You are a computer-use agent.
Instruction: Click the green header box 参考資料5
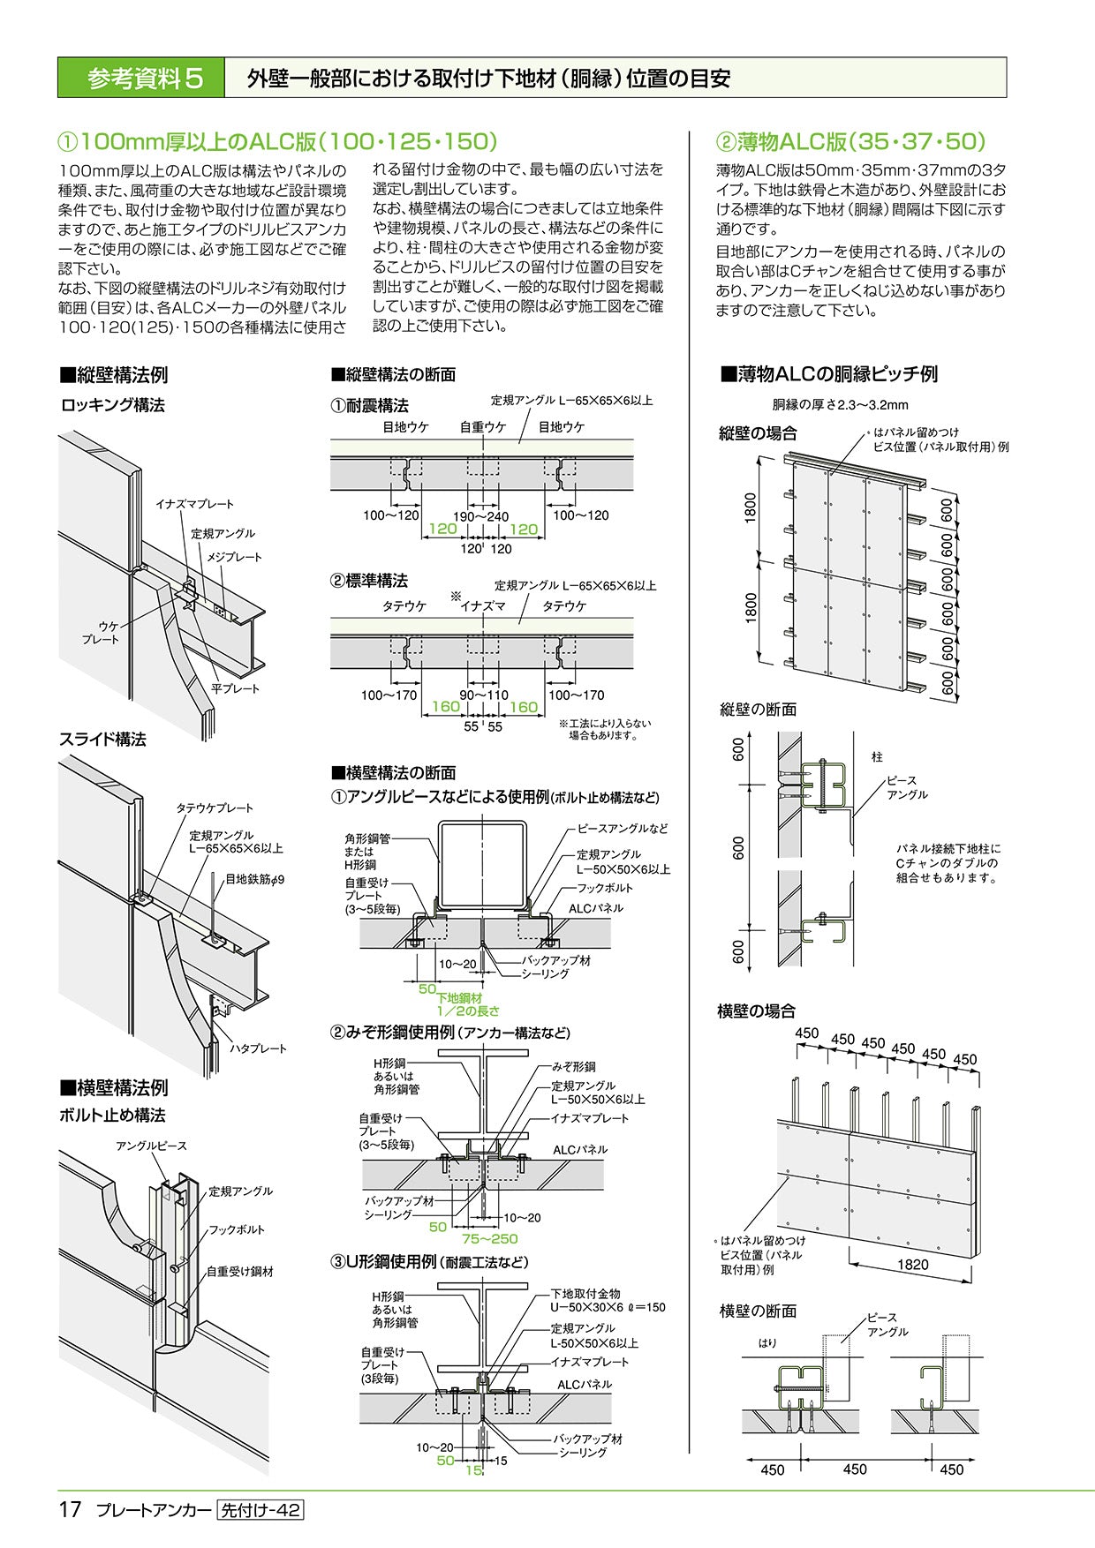pos(141,79)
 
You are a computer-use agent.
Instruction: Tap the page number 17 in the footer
pos(71,1509)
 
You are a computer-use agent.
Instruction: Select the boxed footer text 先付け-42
pos(260,1510)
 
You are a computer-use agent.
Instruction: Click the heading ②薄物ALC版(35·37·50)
pos(850,141)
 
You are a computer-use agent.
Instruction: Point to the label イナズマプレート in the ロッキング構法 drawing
pos(194,504)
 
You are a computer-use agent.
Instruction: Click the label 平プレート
pos(235,688)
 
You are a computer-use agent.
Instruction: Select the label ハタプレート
pos(259,1048)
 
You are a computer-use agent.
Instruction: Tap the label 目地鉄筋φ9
pos(254,879)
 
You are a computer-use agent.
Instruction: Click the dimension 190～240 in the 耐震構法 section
pos(481,515)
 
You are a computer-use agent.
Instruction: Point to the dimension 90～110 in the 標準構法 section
pos(484,695)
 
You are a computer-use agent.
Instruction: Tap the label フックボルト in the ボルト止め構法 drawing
pos(236,1229)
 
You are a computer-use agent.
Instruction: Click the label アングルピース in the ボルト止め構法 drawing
pos(151,1146)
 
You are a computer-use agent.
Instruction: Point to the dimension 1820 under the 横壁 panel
pos(912,1265)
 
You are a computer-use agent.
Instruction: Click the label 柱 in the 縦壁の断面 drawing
pos(876,756)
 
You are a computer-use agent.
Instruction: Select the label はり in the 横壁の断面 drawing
pos(767,1343)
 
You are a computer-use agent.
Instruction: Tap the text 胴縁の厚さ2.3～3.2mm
pos(840,405)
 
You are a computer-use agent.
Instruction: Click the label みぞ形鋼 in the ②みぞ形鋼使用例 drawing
pos(574,1066)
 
